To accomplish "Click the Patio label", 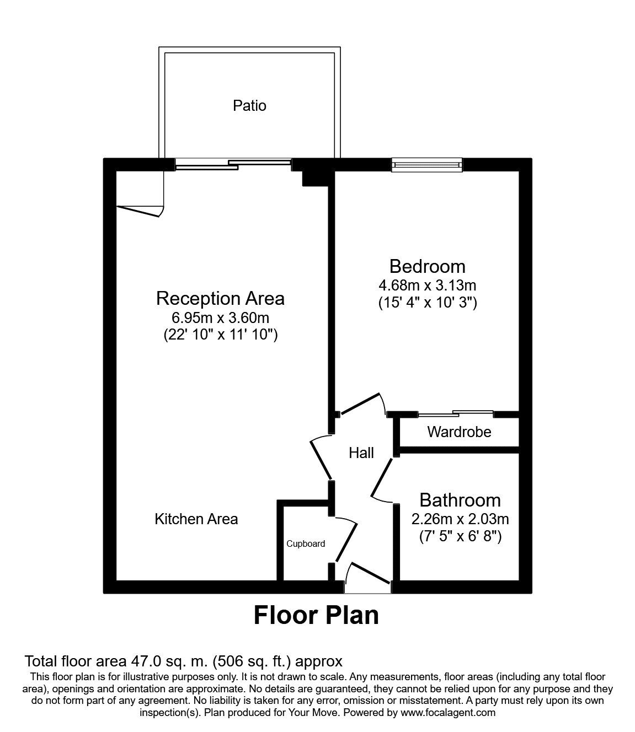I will (x=249, y=105).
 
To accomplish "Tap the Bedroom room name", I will (x=427, y=266).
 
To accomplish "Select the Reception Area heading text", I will (x=220, y=298).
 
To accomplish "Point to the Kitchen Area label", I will (x=196, y=519).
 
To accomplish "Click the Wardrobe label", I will (x=459, y=432).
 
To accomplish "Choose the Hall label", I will (x=361, y=453).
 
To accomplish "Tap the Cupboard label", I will (x=306, y=543).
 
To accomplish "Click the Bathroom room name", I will (x=460, y=500).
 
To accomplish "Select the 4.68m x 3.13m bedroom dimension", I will (x=427, y=286).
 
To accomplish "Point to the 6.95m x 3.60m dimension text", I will (x=220, y=318).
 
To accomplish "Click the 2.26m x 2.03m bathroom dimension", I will (x=460, y=519).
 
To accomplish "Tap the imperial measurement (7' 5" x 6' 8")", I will (x=460, y=536).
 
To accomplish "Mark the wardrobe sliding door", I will (x=456, y=413).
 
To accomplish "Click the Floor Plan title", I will (x=316, y=615).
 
